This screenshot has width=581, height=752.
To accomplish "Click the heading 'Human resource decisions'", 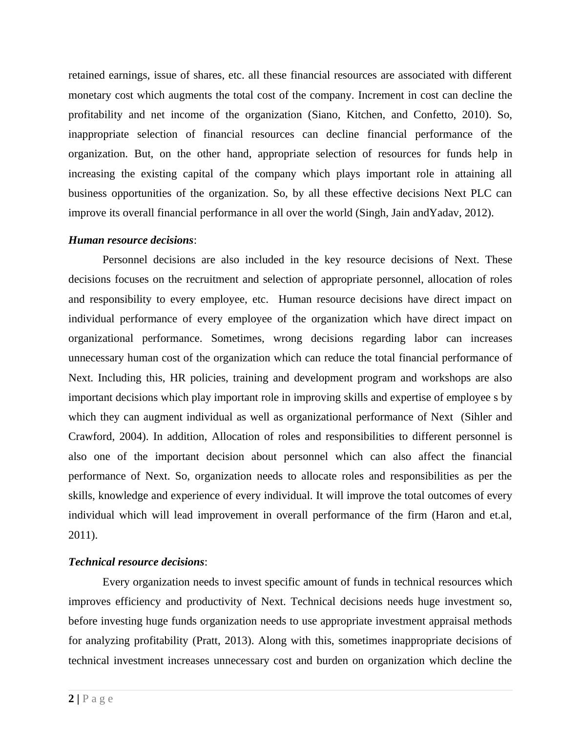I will point(131,240).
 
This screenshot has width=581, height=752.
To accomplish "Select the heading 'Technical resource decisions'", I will point(136,562).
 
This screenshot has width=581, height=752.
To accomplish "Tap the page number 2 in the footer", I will point(72,699).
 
